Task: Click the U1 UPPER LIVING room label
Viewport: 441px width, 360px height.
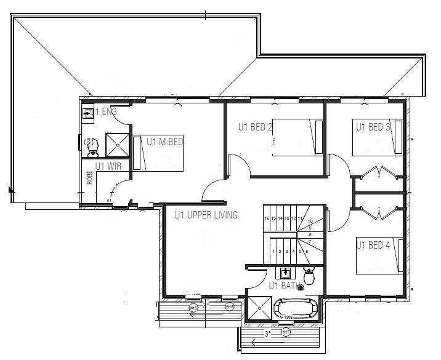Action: (x=206, y=215)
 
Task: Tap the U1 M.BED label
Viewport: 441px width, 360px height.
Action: (x=165, y=142)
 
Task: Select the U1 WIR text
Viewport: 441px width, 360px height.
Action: (x=107, y=166)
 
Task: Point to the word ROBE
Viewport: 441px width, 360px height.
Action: (x=90, y=177)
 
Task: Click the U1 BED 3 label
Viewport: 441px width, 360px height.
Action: (x=373, y=127)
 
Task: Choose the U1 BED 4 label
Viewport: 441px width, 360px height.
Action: (x=373, y=245)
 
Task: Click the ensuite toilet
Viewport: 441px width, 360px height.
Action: (x=91, y=143)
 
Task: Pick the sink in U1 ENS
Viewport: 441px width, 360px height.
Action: (x=89, y=113)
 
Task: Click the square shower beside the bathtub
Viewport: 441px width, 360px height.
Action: (x=259, y=310)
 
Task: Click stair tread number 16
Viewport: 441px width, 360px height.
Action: (x=267, y=218)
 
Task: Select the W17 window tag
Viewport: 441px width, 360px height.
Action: (x=285, y=333)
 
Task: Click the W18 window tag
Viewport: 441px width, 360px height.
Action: (x=229, y=306)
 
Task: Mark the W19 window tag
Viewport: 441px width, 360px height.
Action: (x=193, y=307)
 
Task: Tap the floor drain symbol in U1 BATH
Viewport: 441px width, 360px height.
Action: (x=301, y=287)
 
